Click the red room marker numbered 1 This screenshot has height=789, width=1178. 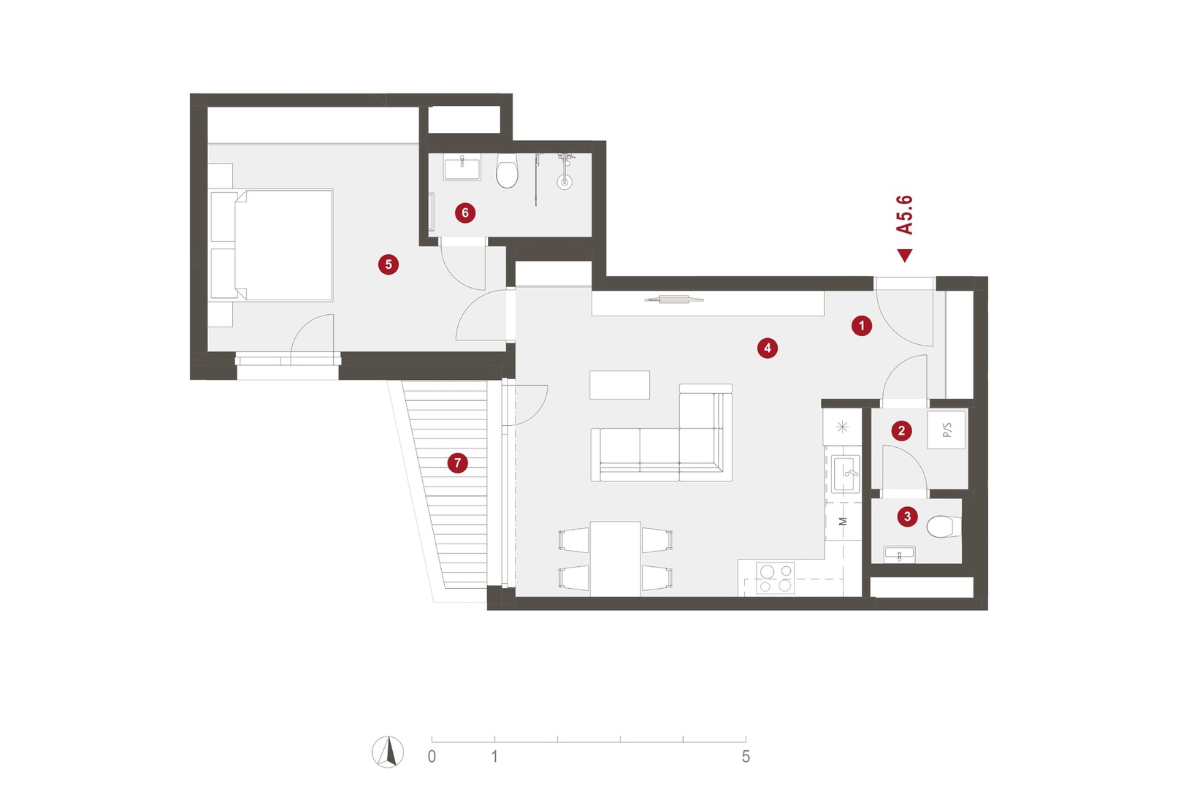(x=862, y=326)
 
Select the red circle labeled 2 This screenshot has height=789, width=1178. (x=901, y=431)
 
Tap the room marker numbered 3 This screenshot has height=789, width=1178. (x=907, y=517)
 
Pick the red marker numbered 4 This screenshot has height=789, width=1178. (x=768, y=348)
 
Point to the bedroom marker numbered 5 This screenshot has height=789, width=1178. (x=388, y=264)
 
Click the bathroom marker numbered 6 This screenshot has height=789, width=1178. (x=465, y=213)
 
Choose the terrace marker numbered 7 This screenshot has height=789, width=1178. (x=457, y=463)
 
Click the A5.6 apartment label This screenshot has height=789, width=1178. (x=904, y=215)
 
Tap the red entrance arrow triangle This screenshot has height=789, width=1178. (x=905, y=256)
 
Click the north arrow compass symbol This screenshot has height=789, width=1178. (x=388, y=752)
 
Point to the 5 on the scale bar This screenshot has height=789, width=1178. (x=746, y=757)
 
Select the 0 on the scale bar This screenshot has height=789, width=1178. (x=432, y=757)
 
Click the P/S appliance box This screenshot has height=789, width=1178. (x=946, y=430)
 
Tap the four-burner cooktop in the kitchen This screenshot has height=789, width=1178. (x=775, y=578)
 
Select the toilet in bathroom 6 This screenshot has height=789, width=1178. (x=507, y=171)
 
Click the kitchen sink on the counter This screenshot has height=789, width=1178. (x=845, y=473)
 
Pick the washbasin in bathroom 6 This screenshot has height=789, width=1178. (x=462, y=167)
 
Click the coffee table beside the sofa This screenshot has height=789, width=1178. (x=619, y=385)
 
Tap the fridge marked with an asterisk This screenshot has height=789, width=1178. (x=842, y=427)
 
